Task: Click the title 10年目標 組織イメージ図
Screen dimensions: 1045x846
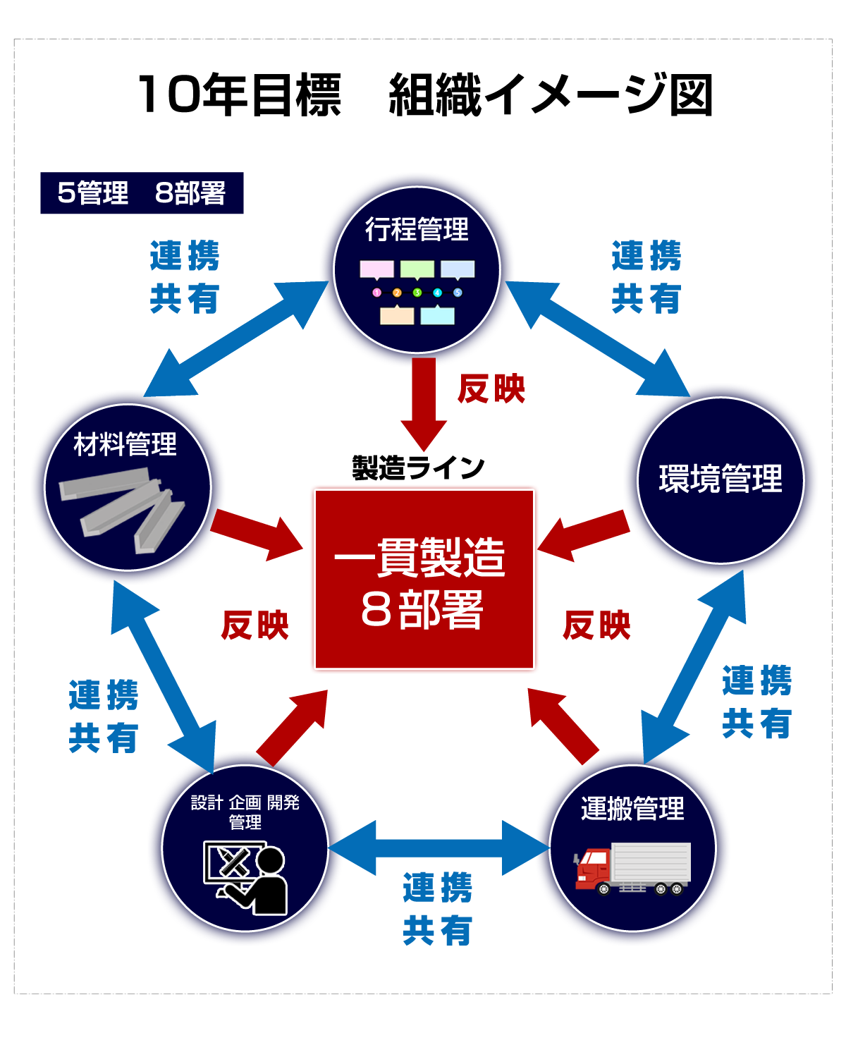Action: (424, 94)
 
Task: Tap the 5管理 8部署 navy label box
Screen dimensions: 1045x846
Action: (142, 193)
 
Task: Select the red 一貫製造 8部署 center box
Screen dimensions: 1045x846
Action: (424, 579)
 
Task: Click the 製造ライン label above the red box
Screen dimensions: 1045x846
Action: (418, 468)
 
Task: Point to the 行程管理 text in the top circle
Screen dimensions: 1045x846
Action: (417, 230)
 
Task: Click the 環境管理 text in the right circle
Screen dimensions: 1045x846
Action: (721, 479)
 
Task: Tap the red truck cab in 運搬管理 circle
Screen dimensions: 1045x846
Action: (593, 868)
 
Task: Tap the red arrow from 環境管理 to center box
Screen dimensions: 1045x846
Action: (584, 535)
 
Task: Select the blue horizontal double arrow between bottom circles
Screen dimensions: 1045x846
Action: (439, 848)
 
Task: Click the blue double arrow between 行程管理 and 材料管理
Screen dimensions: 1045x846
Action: (235, 338)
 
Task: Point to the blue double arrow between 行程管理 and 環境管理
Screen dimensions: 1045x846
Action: (598, 338)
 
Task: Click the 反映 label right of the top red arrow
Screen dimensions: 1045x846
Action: (491, 389)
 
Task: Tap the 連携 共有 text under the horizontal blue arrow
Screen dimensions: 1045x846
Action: (438, 909)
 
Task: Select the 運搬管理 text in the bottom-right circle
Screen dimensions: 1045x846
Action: (632, 808)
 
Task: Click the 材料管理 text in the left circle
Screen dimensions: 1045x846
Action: (125, 445)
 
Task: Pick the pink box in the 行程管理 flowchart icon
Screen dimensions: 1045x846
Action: (376, 269)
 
